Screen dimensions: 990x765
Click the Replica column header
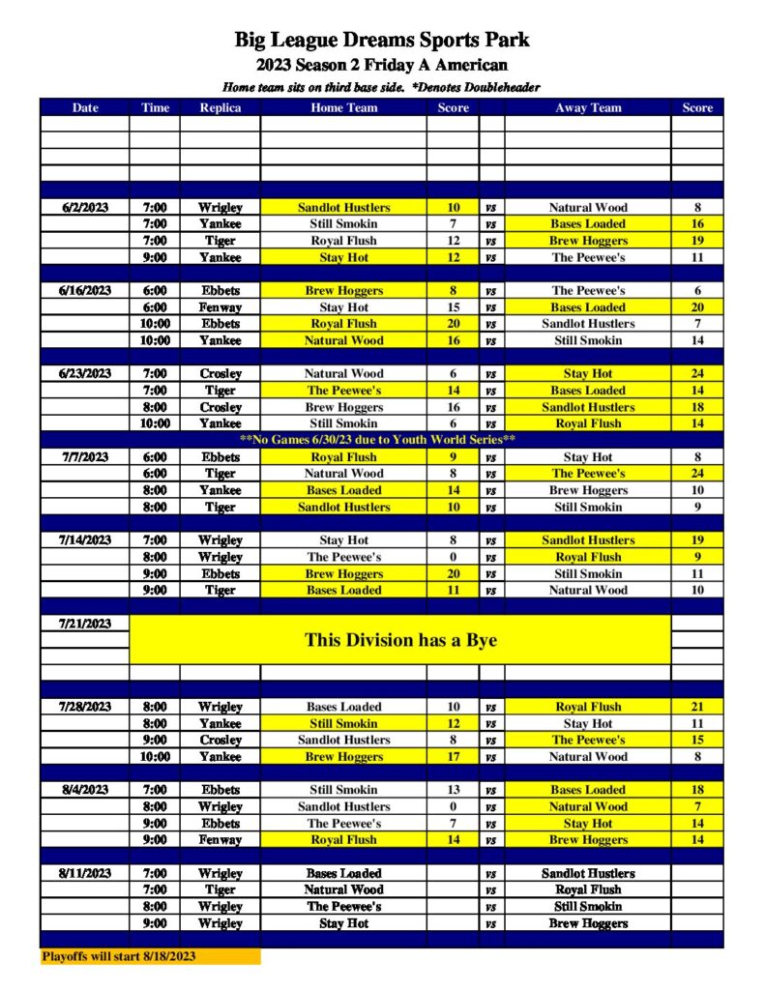[220, 107]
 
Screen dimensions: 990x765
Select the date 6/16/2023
[85, 290]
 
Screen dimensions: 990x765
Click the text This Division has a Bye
[400, 639]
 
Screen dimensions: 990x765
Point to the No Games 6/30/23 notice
[377, 440]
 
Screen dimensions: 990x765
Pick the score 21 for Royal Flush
[696, 707]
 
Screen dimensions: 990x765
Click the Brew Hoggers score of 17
[453, 757]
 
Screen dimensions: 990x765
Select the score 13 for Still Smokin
[453, 790]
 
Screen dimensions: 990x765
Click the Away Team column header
[588, 107]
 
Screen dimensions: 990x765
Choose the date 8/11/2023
[85, 873]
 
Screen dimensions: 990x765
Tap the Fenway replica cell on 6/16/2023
[220, 307]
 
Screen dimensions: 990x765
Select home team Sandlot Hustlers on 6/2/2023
[343, 207]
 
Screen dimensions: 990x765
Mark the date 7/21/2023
[85, 624]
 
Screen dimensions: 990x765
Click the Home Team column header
[343, 107]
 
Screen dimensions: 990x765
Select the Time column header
[155, 107]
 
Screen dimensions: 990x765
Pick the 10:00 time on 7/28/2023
[155, 757]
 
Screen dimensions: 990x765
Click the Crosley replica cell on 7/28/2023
[220, 740]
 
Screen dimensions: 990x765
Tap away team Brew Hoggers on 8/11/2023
[588, 923]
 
